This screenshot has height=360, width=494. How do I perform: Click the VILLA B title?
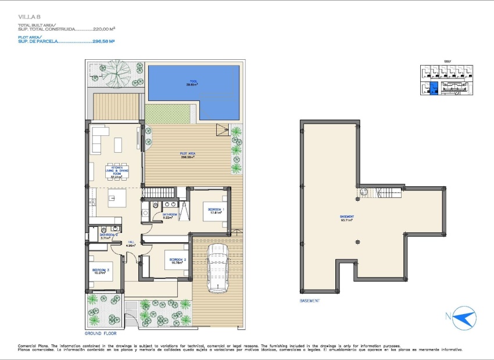(27, 17)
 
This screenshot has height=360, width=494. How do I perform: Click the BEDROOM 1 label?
(216, 211)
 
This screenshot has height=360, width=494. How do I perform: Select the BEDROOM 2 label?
(177, 261)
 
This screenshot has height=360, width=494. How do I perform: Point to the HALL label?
(131, 244)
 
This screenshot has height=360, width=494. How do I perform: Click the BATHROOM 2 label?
(105, 236)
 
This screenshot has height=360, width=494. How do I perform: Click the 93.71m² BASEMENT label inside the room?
(348, 218)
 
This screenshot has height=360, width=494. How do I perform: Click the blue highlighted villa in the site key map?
(432, 89)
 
